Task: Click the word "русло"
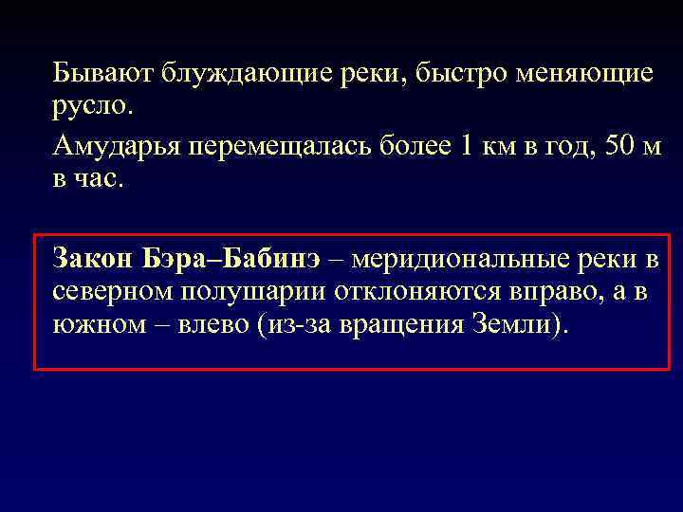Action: (92, 106)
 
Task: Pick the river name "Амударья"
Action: (116, 148)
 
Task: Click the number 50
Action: (606, 147)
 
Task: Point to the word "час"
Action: (100, 180)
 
